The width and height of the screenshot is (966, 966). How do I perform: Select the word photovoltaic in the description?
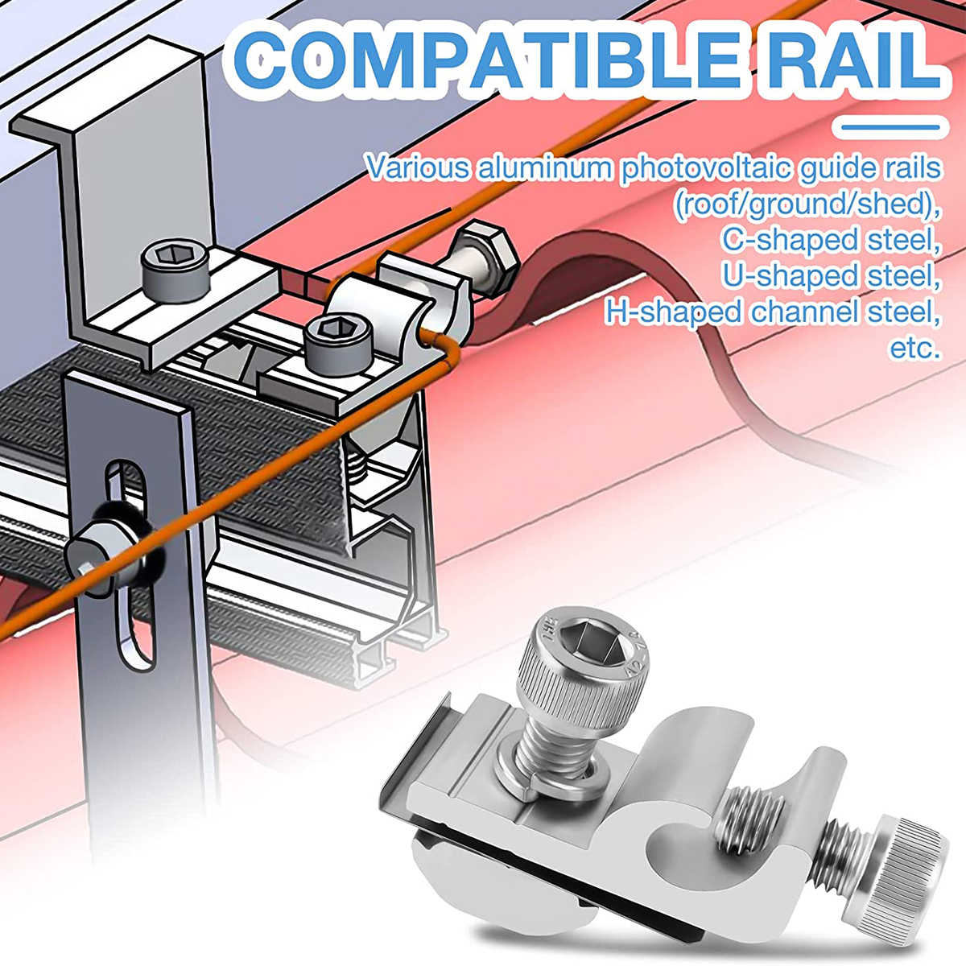(706, 168)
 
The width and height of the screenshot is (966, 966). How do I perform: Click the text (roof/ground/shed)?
(807, 204)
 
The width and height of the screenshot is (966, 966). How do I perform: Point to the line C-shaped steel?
(831, 240)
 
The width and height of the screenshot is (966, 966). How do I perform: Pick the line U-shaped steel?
(831, 276)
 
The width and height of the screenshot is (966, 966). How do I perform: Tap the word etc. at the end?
(915, 348)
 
